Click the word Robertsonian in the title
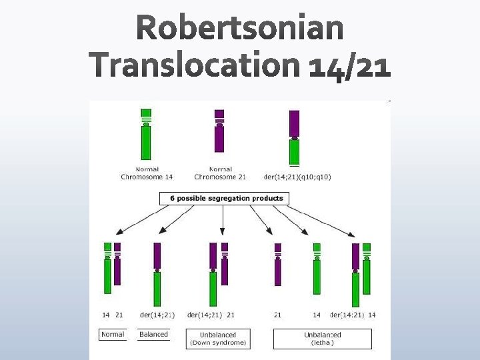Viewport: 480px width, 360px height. pyautogui.click(x=241, y=29)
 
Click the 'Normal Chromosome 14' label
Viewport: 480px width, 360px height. pyautogui.click(x=147, y=173)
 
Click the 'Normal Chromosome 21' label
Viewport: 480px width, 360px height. pyautogui.click(x=220, y=173)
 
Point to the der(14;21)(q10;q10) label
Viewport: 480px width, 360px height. pyautogui.click(x=297, y=177)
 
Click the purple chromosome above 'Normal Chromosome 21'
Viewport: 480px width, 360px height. pyautogui.click(x=219, y=131)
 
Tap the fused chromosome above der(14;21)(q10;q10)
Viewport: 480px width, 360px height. pyautogui.click(x=294, y=137)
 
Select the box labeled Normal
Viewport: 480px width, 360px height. pyautogui.click(x=113, y=334)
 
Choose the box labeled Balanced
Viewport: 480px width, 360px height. pyautogui.click(x=153, y=334)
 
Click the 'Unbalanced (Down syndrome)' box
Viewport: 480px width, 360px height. pyautogui.click(x=218, y=339)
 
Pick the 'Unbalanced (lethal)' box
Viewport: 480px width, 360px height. pyautogui.click(x=322, y=339)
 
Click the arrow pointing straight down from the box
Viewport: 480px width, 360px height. pyautogui.click(x=223, y=220)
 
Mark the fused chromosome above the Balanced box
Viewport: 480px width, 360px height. pyautogui.click(x=157, y=273)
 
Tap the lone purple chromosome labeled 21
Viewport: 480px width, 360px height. pyautogui.click(x=278, y=265)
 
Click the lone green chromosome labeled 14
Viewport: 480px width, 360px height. pyautogui.click(x=317, y=269)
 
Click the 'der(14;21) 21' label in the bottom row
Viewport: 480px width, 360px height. pyautogui.click(x=211, y=315)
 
